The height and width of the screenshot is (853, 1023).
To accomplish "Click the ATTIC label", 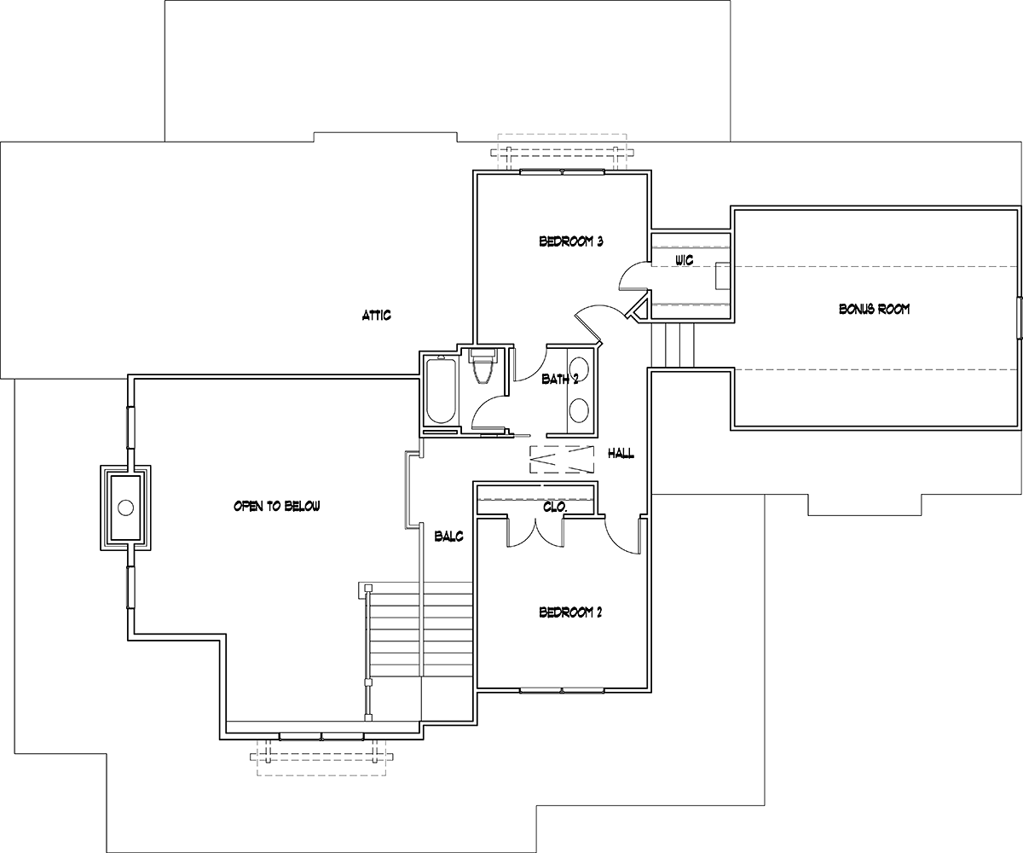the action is coord(376,315).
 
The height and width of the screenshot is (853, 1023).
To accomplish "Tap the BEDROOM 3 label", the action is coord(571,241).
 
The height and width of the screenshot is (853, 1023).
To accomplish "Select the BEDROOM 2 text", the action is coord(570,612).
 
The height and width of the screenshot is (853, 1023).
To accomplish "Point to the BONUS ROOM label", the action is coord(874,309).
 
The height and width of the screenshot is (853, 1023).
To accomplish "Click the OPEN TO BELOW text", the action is coord(277,506).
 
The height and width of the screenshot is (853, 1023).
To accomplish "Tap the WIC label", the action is coord(685,260).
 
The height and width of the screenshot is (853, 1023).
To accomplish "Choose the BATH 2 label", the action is coord(560,379).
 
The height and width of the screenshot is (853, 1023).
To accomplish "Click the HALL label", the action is coord(621,454).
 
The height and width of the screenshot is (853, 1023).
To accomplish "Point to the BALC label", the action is coord(448,537).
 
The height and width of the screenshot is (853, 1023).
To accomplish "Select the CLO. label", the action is coord(555,507).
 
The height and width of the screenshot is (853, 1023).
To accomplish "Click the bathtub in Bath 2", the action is coord(441,390).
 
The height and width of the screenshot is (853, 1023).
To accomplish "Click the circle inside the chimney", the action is coord(126,508).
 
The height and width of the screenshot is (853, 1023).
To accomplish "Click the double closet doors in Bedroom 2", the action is coord(536,532).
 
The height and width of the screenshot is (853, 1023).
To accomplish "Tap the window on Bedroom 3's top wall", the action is coord(562,171).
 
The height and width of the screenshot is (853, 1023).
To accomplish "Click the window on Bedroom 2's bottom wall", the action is coord(562,691).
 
